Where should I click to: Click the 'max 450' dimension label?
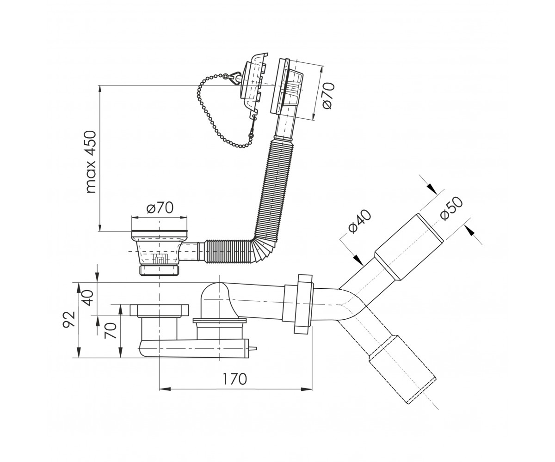coord(91,162)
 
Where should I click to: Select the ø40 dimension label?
coord(360,221)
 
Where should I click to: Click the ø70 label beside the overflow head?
coord(328,95)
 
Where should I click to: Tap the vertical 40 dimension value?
coord(88,298)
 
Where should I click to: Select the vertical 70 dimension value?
coord(111,330)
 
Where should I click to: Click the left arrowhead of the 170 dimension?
coord(165,389)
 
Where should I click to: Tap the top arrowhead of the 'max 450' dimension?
coord(100,91)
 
